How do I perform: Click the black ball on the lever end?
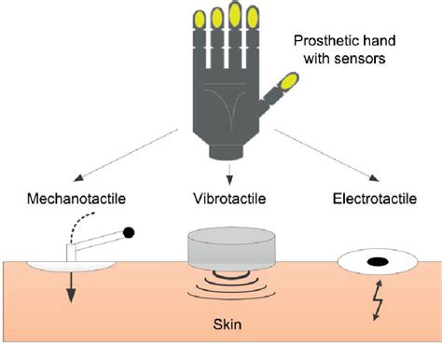click(130, 231)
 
